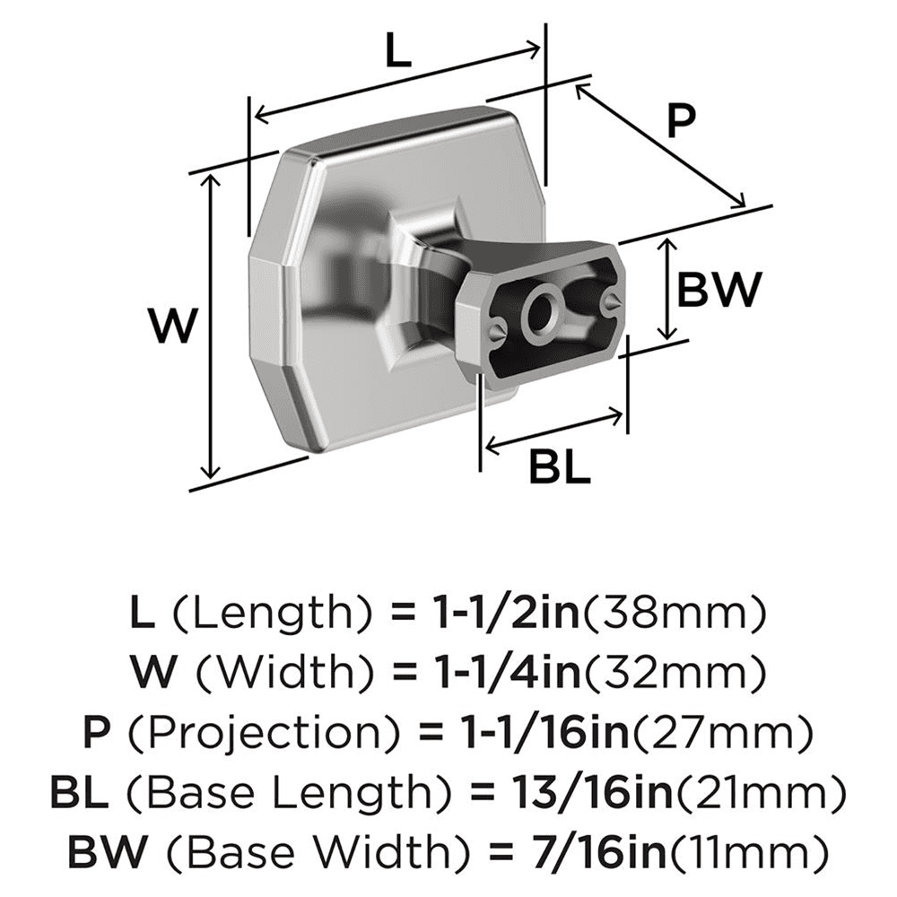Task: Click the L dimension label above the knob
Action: pos(395,53)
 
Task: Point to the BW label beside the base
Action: pos(718,290)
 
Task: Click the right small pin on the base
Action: pos(612,302)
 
